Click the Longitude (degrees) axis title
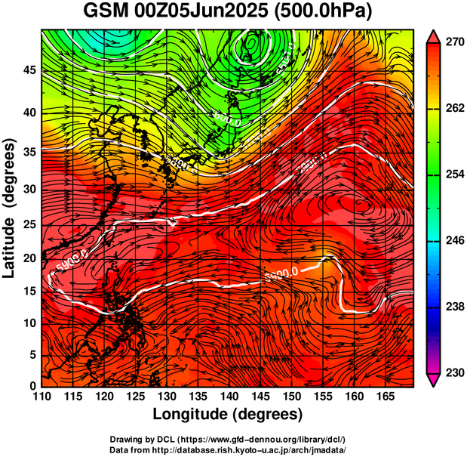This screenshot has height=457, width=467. (228, 414)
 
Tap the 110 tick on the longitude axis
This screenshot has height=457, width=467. (41, 397)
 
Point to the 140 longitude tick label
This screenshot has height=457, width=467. (229, 397)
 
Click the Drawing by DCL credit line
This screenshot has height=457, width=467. (228, 439)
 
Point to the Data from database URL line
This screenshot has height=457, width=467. (228, 449)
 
